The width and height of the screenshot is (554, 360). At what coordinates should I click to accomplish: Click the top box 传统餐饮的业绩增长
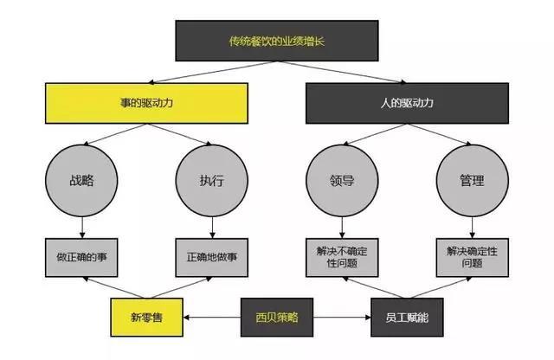(x=277, y=41)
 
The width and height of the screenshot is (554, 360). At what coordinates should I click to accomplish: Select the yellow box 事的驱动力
(x=146, y=103)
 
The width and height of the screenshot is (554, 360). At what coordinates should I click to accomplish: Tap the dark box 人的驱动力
(x=407, y=103)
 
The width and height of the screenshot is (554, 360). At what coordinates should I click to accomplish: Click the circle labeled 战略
(x=81, y=181)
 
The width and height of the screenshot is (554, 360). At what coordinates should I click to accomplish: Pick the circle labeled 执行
(x=212, y=181)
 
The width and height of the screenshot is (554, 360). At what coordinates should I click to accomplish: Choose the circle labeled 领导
(x=342, y=181)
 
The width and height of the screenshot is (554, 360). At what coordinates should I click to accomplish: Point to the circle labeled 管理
(x=473, y=181)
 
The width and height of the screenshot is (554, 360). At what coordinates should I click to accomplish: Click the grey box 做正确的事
(x=81, y=258)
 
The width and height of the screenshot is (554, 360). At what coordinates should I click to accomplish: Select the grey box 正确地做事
(x=212, y=258)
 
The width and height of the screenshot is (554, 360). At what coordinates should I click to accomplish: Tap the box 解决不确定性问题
(x=342, y=258)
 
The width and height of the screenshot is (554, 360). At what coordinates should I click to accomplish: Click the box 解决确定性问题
(x=473, y=258)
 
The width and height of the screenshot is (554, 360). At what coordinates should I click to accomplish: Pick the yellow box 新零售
(x=146, y=318)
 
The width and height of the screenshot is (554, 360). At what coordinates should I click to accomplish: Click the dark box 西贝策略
(x=277, y=318)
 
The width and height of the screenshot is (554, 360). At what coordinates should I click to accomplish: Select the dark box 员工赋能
(x=407, y=318)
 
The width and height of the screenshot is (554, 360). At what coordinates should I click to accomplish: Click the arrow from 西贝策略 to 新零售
(x=212, y=318)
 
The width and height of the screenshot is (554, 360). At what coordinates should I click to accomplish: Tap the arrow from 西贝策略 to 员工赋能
(x=342, y=318)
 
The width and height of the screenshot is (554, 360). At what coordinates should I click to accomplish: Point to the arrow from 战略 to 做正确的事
(x=82, y=228)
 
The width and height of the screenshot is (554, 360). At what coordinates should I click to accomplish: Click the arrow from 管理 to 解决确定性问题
(x=473, y=228)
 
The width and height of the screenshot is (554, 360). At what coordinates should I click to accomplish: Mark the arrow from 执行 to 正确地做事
(x=212, y=228)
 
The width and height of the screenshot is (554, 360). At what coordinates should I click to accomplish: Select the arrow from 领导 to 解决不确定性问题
(x=342, y=228)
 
